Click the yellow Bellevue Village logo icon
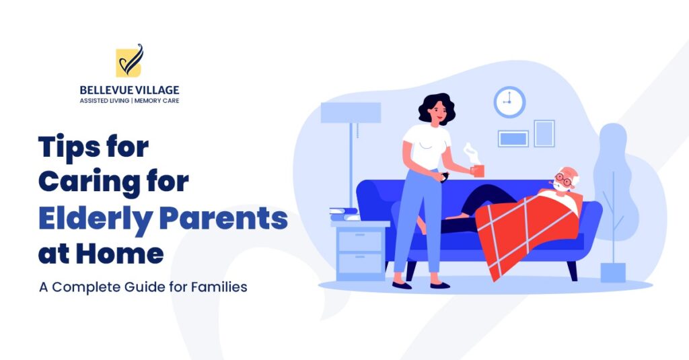(x=129, y=62)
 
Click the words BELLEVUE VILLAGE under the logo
(x=129, y=89)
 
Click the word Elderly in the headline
(x=83, y=219)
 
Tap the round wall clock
(x=509, y=102)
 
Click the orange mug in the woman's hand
(x=478, y=170)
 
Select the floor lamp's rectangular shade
(x=351, y=112)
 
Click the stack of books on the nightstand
(x=344, y=215)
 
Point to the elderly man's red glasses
(x=563, y=181)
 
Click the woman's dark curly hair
(x=435, y=108)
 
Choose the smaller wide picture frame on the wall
(x=513, y=139)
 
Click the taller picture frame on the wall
(x=544, y=133)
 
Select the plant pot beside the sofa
(x=612, y=273)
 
